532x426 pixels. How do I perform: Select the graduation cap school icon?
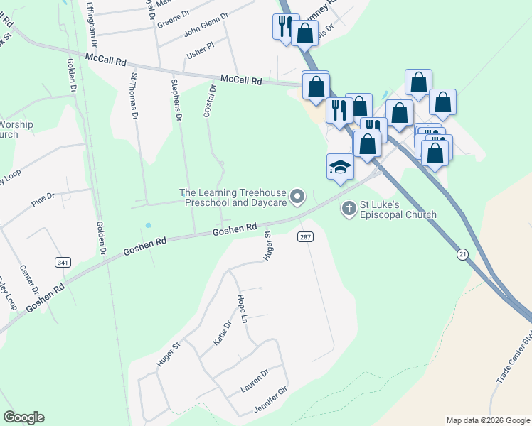(x=340, y=168)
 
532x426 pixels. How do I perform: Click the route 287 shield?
(x=305, y=236)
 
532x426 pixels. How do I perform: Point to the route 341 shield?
(x=63, y=262)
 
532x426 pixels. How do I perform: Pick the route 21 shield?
(x=463, y=254)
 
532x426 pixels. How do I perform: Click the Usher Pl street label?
(x=200, y=48)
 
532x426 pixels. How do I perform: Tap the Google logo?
(x=23, y=417)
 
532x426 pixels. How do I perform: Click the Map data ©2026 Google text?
(x=487, y=420)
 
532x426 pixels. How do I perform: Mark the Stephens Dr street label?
(x=176, y=99)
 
